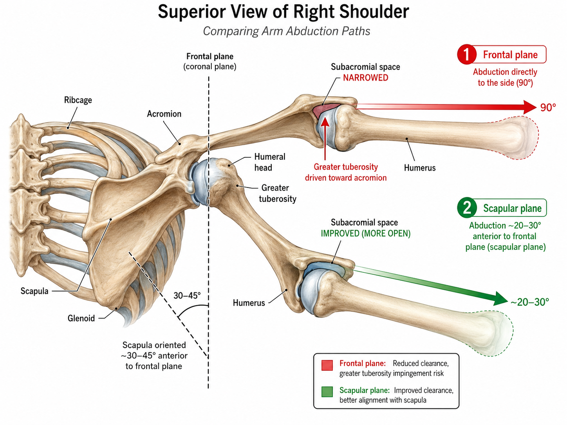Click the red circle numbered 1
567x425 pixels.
(467, 54)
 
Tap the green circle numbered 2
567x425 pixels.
(467, 208)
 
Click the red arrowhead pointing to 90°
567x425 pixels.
(529, 107)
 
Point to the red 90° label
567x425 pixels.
(548, 107)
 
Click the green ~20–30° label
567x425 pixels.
(529, 302)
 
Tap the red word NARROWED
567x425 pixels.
(365, 77)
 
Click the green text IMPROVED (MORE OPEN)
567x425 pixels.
(365, 233)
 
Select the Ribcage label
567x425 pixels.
(78, 100)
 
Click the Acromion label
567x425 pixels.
(164, 114)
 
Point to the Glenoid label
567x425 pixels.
(81, 318)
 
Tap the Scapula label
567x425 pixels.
(34, 291)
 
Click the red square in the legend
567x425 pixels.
(327, 365)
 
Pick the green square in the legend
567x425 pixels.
(327, 392)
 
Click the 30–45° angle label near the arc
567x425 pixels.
(187, 295)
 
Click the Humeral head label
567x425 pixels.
(270, 162)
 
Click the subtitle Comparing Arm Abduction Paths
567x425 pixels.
(287, 31)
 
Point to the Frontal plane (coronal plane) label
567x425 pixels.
(210, 61)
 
